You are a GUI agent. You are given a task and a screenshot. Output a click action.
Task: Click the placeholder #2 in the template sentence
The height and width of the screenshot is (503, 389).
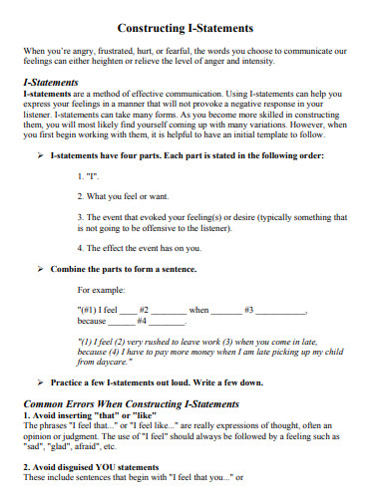click(144, 310)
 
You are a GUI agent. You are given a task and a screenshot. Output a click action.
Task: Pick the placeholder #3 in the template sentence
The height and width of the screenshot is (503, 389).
click(248, 310)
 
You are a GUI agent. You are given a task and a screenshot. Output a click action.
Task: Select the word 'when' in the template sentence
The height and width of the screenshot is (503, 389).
click(199, 310)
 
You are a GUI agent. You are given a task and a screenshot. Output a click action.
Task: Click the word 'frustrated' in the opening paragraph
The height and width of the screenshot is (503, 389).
click(128, 49)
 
